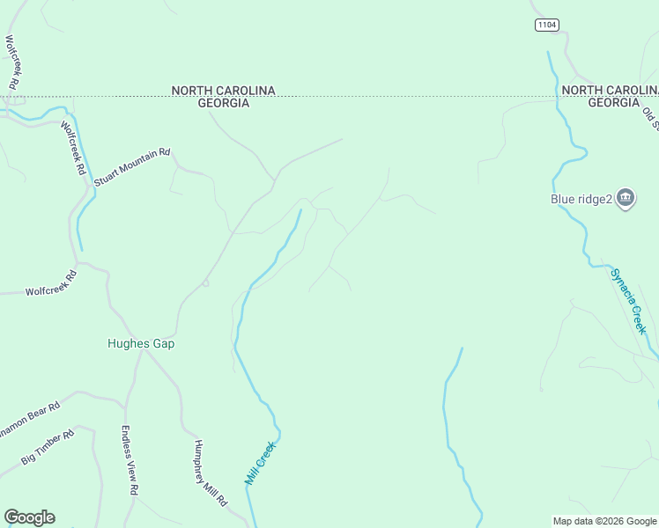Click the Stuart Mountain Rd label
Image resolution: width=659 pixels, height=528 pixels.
click(x=131, y=166)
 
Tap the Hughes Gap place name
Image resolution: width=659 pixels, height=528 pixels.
click(x=141, y=344)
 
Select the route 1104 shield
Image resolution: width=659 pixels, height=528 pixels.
click(x=546, y=25)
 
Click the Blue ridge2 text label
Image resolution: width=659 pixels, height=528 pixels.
click(x=581, y=199)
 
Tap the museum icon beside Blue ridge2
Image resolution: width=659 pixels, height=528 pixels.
click(x=626, y=198)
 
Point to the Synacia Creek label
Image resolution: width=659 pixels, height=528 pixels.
click(x=629, y=300)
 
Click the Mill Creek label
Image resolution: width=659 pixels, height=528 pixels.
click(x=261, y=464)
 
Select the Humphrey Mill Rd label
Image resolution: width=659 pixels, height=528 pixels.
click(x=211, y=473)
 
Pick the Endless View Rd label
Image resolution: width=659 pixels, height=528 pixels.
click(x=130, y=460)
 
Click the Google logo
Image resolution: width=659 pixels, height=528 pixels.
click(x=29, y=517)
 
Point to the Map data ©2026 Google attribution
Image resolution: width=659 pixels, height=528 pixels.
click(x=605, y=521)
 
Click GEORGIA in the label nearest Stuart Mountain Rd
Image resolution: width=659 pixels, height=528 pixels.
click(x=223, y=103)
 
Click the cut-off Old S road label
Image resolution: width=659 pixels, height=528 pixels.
click(x=650, y=116)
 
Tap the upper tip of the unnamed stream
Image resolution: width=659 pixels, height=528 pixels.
click(x=461, y=348)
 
